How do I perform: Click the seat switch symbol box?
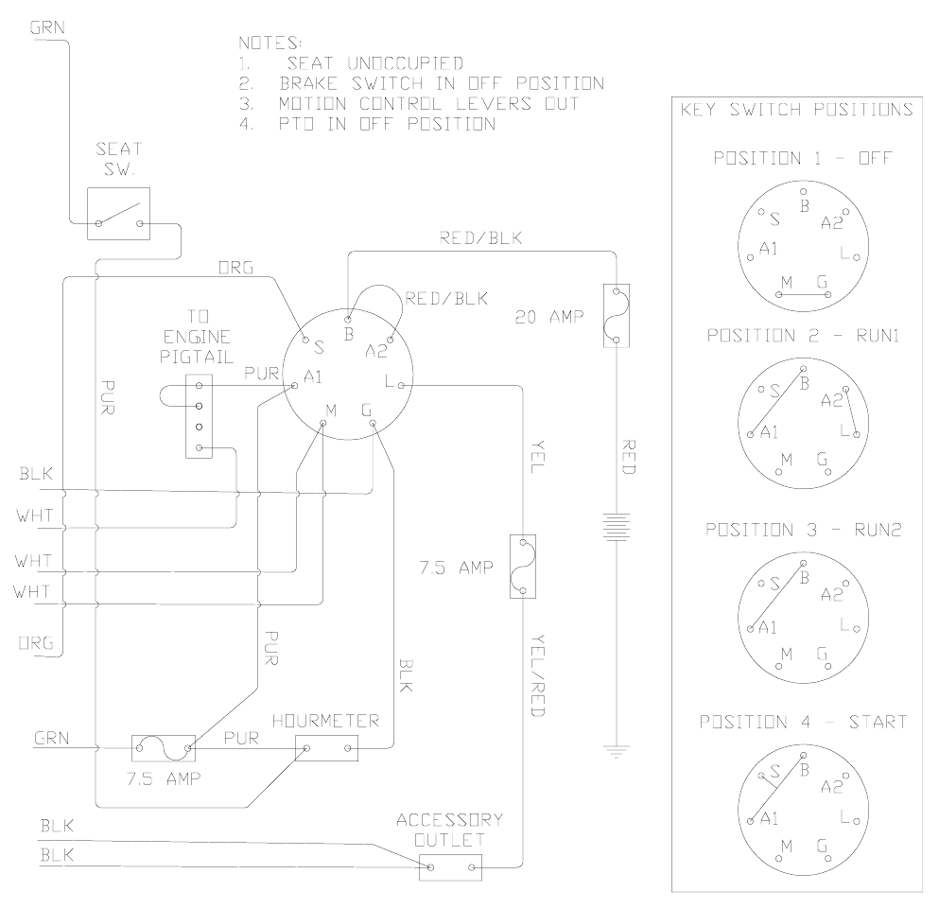[x=118, y=213]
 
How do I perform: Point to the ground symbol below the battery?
[x=616, y=753]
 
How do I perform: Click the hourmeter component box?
[x=327, y=750]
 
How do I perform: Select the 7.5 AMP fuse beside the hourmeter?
[x=163, y=749]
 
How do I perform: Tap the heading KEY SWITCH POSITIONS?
[x=795, y=110]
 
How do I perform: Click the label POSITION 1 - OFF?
[x=802, y=158]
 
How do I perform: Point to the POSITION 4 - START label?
[x=803, y=722]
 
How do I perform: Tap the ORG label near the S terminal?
[x=235, y=268]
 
